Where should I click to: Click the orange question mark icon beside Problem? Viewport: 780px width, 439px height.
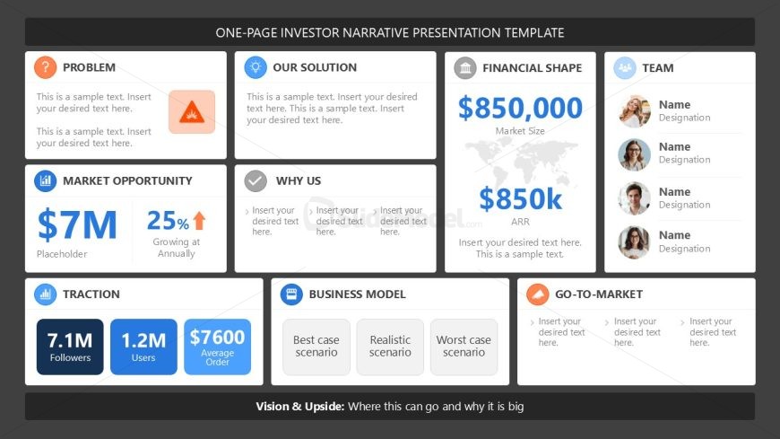[x=45, y=67]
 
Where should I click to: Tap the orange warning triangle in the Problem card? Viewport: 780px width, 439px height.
[x=192, y=112]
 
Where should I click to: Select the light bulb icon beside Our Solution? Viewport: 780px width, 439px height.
[x=256, y=67]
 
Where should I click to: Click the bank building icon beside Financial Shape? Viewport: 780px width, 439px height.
[x=465, y=67]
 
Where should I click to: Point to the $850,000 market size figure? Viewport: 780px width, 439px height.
[x=520, y=108]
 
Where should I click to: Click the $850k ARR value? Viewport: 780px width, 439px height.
[x=520, y=198]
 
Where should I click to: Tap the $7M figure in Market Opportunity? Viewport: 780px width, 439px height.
[x=77, y=224]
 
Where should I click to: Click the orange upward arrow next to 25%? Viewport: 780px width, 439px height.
[x=199, y=221]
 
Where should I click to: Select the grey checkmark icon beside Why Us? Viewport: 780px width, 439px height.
[x=256, y=180]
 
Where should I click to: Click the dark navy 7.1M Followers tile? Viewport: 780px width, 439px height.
[x=70, y=347]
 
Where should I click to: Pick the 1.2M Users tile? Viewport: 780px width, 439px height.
[x=143, y=347]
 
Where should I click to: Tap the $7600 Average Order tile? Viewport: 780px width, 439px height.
[x=217, y=347]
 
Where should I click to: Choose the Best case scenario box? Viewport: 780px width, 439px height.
[x=316, y=347]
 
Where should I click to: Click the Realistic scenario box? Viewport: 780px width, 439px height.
[x=390, y=347]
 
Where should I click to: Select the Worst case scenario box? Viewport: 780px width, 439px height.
[x=464, y=347]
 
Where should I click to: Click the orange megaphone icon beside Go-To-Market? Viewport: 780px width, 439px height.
[x=538, y=294]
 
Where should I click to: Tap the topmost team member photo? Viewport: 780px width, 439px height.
[x=634, y=111]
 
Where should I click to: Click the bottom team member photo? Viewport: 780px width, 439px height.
[x=634, y=242]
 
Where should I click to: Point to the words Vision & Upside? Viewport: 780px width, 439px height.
[x=300, y=407]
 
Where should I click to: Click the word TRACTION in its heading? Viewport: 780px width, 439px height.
[x=91, y=294]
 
